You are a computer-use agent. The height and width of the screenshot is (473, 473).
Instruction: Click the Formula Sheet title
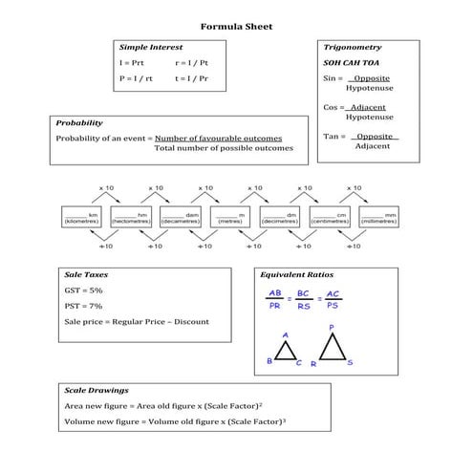click(236, 26)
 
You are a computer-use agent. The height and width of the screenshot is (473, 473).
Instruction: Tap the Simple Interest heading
click(149, 47)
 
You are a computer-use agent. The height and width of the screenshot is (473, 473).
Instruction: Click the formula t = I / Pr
click(194, 76)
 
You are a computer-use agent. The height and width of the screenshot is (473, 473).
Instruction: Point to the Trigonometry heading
click(353, 47)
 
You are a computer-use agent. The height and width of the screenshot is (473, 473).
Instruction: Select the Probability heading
click(79, 123)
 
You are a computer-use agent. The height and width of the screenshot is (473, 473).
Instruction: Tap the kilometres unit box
click(81, 217)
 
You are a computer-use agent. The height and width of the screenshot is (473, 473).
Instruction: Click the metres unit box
click(230, 217)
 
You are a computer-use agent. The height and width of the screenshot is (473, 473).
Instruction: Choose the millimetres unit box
click(379, 217)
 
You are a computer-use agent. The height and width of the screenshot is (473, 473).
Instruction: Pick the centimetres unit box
click(330, 217)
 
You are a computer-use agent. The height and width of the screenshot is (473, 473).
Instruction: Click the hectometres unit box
click(131, 217)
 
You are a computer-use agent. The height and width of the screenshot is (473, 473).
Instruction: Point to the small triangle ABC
click(286, 351)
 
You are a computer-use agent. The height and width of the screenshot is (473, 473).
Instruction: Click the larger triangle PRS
click(332, 346)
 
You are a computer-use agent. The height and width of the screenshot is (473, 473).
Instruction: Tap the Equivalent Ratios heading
click(297, 274)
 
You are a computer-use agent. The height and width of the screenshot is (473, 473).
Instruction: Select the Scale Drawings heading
click(97, 391)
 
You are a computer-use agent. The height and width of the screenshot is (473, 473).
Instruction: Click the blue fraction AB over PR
click(275, 300)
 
